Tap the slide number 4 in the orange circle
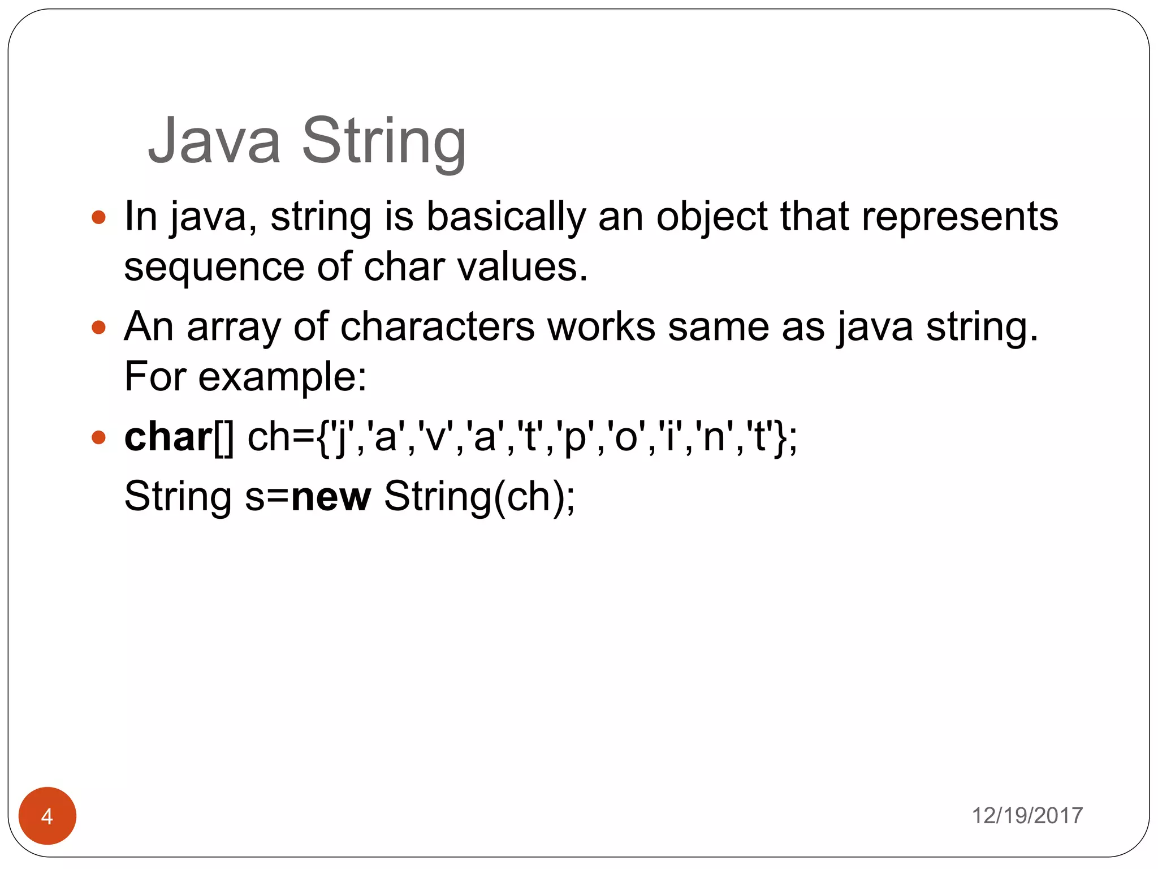coord(47,816)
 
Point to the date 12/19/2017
coord(1027,816)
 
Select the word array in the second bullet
coord(234,327)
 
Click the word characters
coord(437,327)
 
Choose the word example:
coord(282,377)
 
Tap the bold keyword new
coord(331,497)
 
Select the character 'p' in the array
coord(576,437)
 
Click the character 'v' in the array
coord(435,437)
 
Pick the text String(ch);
coord(479,497)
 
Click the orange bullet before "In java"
coord(99,217)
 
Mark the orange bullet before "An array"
coord(99,327)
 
